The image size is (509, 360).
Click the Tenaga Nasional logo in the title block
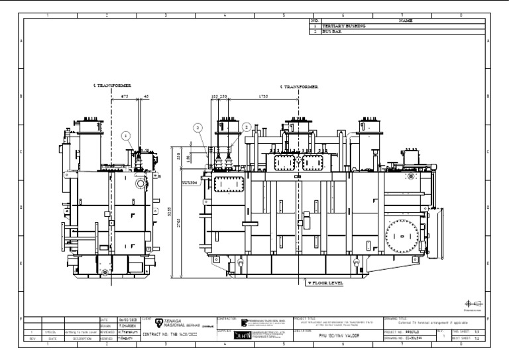click(x=159, y=323)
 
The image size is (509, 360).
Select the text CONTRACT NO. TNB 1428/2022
click(x=170, y=335)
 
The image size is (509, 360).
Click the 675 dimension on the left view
click(x=125, y=95)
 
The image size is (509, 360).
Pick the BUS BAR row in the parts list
click(x=331, y=31)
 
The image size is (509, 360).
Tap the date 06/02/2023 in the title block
click(x=127, y=319)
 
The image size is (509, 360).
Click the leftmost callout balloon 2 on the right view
click(x=197, y=127)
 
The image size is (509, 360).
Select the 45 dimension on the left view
click(x=146, y=95)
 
